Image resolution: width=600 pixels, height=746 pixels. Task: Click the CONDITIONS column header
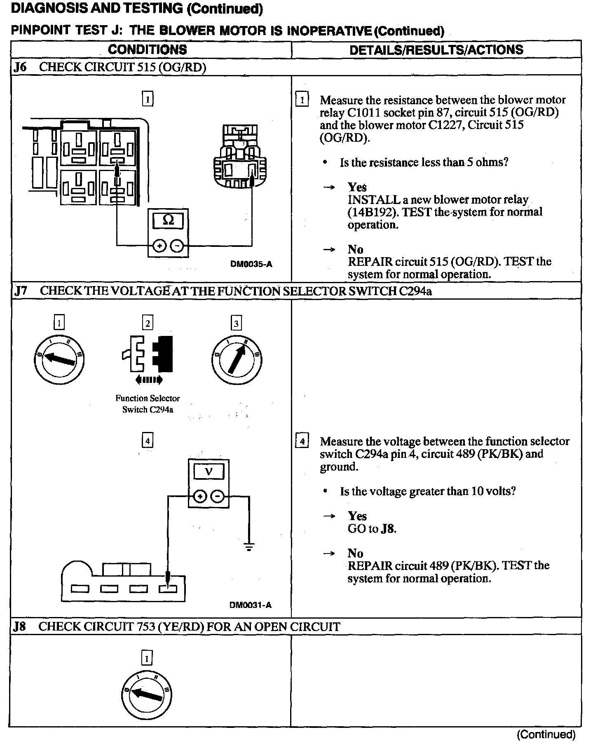pyautogui.click(x=147, y=50)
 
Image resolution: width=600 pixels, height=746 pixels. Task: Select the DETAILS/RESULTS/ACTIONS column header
pyautogui.click(x=436, y=50)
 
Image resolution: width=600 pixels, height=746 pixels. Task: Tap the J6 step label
pyautogui.click(x=20, y=67)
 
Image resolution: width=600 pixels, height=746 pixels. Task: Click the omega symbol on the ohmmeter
pyautogui.click(x=168, y=221)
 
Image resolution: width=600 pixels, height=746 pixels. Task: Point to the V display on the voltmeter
pyautogui.click(x=209, y=471)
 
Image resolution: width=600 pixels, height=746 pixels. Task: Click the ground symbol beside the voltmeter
pyautogui.click(x=249, y=547)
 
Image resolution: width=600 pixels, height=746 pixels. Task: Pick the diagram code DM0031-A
pyautogui.click(x=251, y=605)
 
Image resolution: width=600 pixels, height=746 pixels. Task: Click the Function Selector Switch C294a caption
pyautogui.click(x=148, y=404)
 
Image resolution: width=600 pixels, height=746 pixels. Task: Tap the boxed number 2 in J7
pyautogui.click(x=148, y=323)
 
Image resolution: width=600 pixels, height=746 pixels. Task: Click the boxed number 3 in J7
pyautogui.click(x=236, y=323)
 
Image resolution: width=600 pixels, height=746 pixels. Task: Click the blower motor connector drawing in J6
pyautogui.click(x=239, y=157)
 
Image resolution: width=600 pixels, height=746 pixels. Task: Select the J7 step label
pyautogui.click(x=20, y=291)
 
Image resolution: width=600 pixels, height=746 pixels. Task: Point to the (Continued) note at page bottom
pyautogui.click(x=546, y=734)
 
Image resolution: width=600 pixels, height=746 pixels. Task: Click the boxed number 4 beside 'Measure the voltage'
pyautogui.click(x=302, y=442)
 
